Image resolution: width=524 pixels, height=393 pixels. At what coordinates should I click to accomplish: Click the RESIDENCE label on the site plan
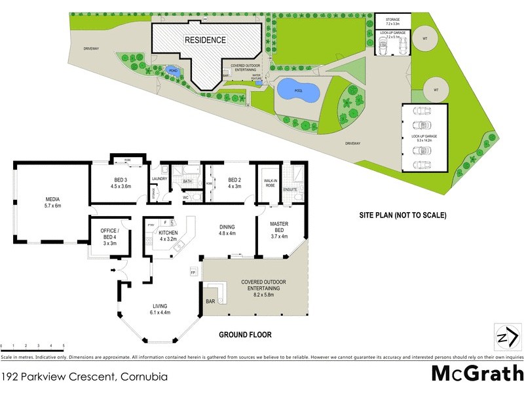[205, 40]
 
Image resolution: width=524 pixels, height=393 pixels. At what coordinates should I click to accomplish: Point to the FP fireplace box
[193, 271]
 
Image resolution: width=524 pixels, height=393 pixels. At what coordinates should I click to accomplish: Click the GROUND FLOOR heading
[245, 335]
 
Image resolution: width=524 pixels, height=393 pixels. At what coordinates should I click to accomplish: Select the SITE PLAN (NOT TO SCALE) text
[402, 215]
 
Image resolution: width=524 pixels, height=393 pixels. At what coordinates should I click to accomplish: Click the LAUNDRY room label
[160, 179]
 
